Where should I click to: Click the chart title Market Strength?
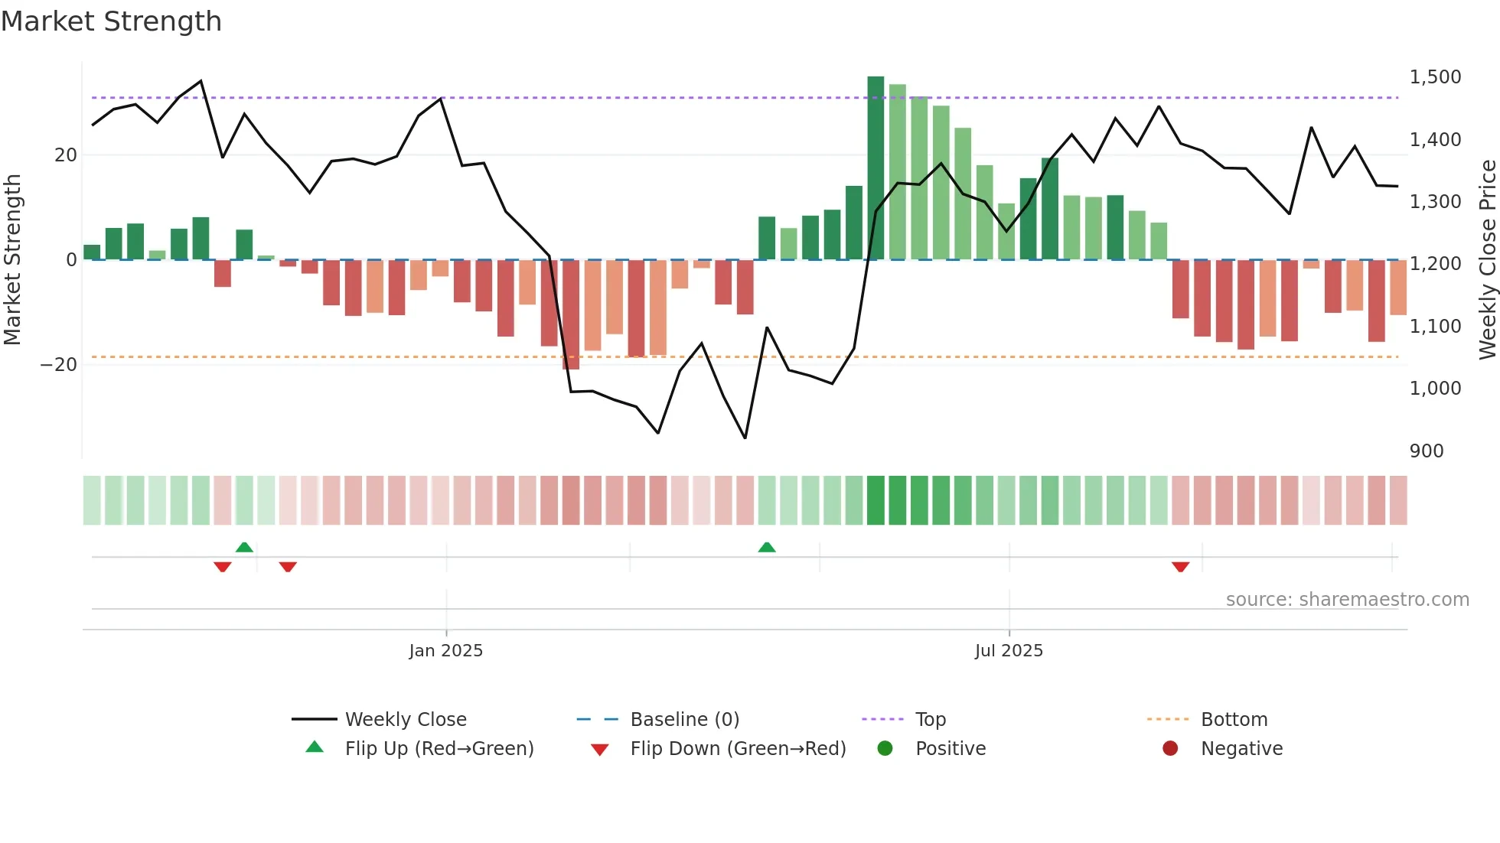[111, 21]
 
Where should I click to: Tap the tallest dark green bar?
[876, 168]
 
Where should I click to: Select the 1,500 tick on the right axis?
[1435, 77]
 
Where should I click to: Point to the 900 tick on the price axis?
[1427, 451]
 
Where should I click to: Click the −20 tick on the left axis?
[59, 365]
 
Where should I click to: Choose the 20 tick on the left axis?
[66, 155]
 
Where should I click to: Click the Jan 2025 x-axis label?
[446, 651]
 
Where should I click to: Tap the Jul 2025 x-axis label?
[1009, 651]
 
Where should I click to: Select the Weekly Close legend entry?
[406, 720]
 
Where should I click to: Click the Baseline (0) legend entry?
[684, 720]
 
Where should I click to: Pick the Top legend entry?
[931, 720]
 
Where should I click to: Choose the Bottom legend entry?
[1234, 720]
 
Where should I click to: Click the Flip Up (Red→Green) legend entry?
[439, 749]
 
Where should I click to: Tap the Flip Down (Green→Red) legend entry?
[738, 749]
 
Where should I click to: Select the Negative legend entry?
[1241, 749]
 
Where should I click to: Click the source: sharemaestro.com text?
[1347, 600]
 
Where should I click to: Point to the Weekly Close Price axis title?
[1487, 260]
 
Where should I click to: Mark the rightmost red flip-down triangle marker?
[1180, 567]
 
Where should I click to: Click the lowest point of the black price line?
[745, 438]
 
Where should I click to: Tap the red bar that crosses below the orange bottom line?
[571, 315]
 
